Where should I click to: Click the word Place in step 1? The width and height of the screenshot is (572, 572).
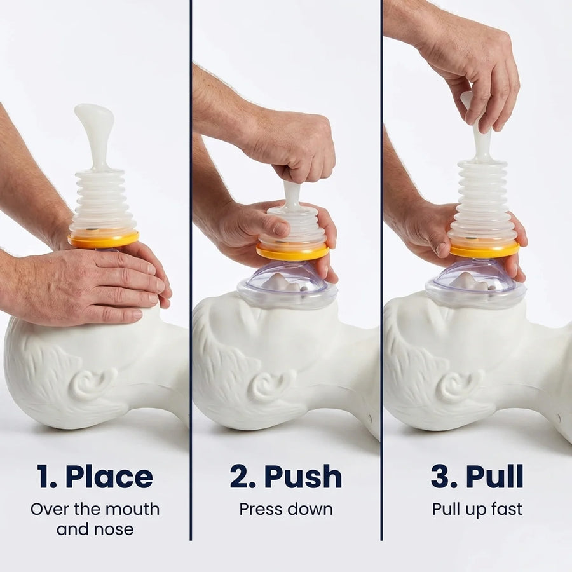point(109,477)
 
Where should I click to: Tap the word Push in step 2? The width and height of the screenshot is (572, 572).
point(303,477)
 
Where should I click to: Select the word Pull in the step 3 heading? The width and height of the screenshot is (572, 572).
point(494,477)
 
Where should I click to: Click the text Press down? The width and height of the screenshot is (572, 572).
point(286,509)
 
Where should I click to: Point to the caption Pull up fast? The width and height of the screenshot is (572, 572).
point(477,509)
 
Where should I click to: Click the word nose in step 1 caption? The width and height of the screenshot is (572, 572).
point(114,529)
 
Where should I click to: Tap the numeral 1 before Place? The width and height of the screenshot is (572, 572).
point(43,477)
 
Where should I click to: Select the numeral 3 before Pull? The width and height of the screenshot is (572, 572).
point(439,477)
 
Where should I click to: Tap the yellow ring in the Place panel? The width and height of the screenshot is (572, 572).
point(104,240)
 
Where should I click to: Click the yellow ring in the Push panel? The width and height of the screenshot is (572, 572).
point(293,252)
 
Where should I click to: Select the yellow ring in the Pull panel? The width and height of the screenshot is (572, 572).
point(484,250)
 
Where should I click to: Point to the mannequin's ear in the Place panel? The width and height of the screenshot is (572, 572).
point(94,383)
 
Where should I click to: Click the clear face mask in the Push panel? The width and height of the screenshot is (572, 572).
point(287,285)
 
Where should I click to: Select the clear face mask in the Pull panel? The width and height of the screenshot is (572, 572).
point(475,283)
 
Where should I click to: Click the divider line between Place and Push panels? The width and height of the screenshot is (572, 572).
point(191,270)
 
